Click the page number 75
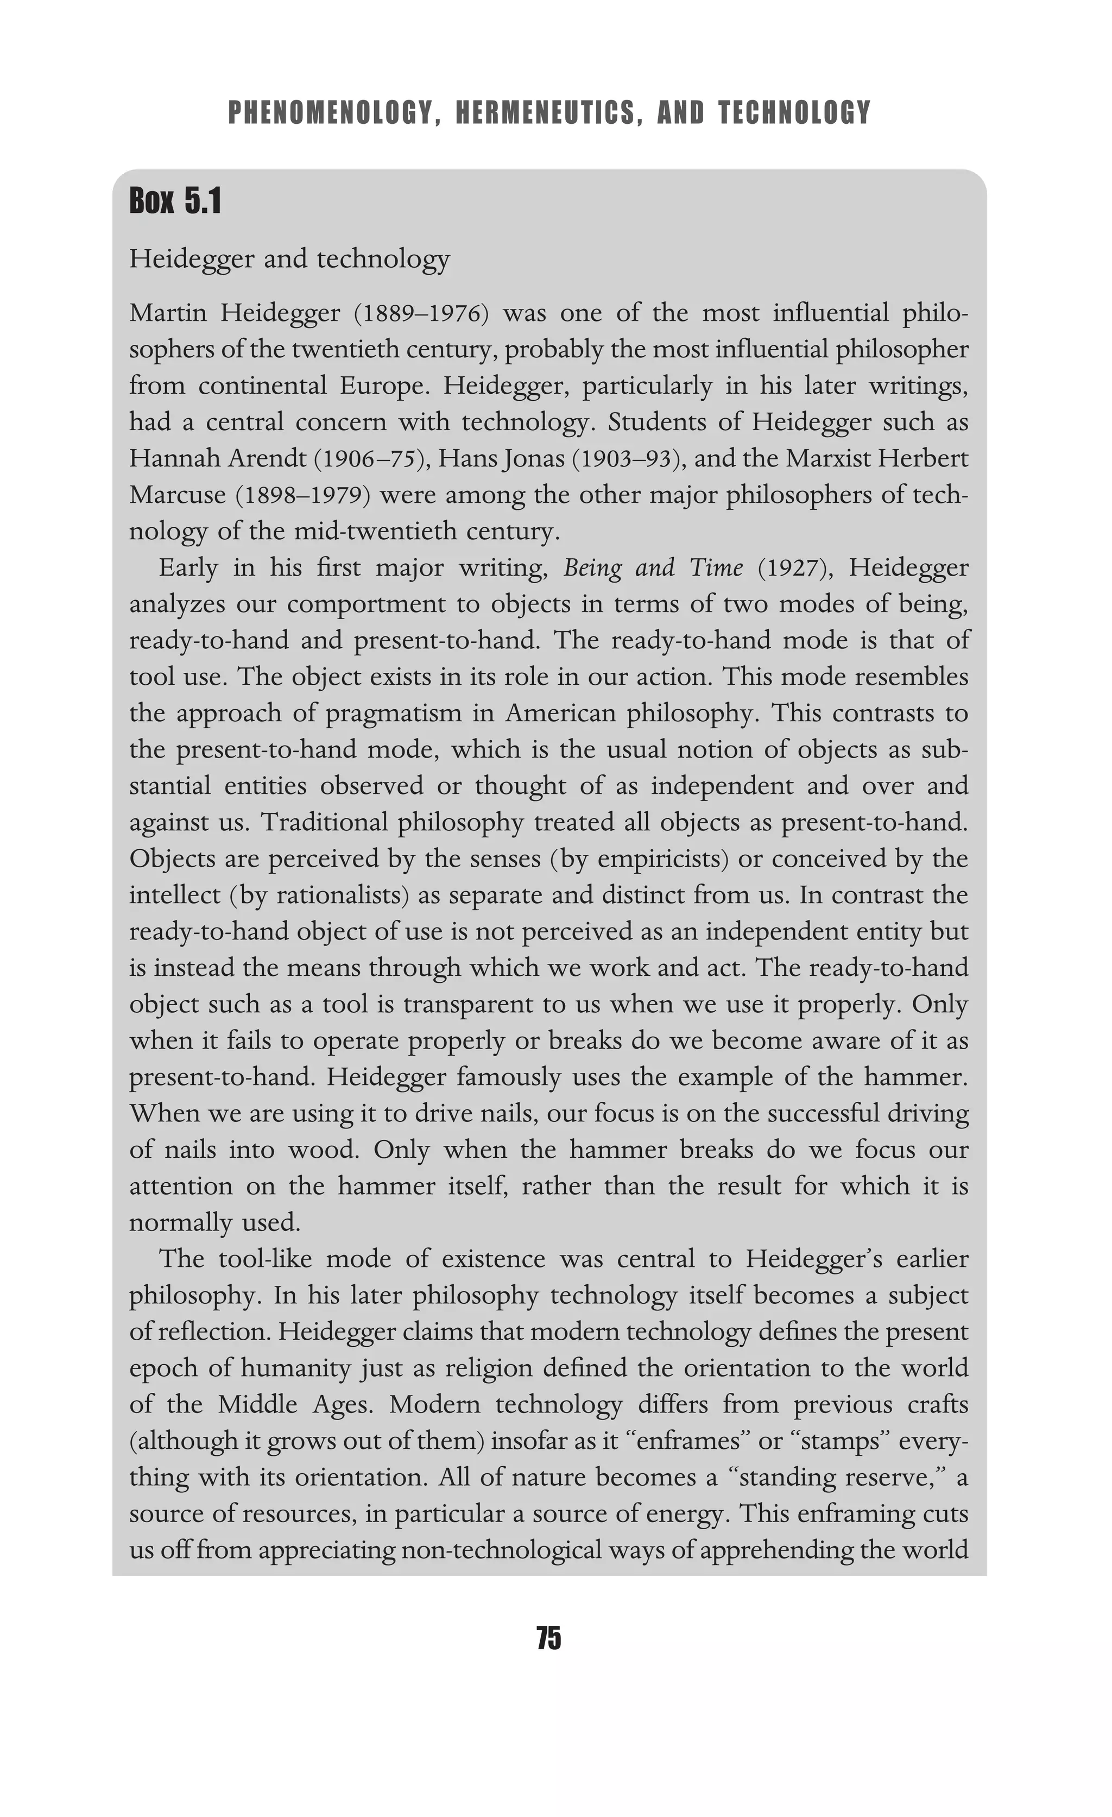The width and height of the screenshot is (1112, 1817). click(549, 1638)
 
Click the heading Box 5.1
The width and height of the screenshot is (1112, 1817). click(175, 201)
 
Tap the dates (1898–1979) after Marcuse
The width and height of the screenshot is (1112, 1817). click(302, 495)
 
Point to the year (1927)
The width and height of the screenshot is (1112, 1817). click(795, 568)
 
